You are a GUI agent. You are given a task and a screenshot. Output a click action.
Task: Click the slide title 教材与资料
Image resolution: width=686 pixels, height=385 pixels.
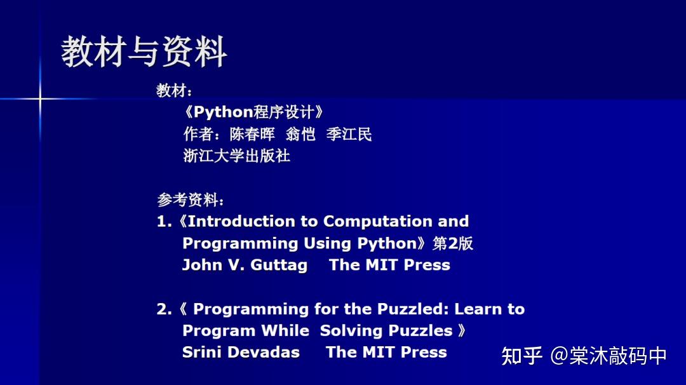click(144, 52)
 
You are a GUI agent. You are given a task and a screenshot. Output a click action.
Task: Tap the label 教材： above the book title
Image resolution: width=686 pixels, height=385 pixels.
click(175, 91)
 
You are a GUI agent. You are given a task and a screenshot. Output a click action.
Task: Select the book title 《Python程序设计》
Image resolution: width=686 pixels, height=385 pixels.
click(254, 112)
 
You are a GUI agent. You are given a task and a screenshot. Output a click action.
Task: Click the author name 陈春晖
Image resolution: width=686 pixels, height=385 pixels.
click(252, 134)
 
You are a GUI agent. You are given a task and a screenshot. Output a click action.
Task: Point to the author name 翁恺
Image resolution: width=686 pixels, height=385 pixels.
click(300, 134)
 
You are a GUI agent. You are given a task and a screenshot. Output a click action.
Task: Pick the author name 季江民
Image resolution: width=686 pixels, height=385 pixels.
click(349, 134)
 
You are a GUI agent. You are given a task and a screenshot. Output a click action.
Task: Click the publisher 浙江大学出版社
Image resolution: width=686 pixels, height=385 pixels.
click(237, 156)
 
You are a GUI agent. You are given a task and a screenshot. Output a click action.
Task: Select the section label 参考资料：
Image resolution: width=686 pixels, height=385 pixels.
click(191, 200)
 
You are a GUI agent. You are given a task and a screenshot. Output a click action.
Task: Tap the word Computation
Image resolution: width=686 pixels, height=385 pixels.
click(377, 222)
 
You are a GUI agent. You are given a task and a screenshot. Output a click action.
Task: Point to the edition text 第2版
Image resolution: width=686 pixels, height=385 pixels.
click(453, 243)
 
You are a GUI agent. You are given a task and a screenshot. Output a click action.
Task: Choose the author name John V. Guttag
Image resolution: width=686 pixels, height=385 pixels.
click(245, 265)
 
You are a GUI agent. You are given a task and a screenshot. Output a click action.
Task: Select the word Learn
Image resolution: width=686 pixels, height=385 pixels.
click(477, 309)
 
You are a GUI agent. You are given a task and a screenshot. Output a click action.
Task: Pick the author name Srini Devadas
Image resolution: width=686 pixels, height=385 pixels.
click(241, 353)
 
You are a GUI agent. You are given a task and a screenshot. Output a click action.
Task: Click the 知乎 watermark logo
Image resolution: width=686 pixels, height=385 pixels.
click(522, 356)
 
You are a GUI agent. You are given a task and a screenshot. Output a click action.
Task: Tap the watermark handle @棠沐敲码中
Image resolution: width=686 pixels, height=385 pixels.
click(609, 356)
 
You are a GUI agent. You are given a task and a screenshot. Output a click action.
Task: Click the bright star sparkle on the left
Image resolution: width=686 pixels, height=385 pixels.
click(40, 99)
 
